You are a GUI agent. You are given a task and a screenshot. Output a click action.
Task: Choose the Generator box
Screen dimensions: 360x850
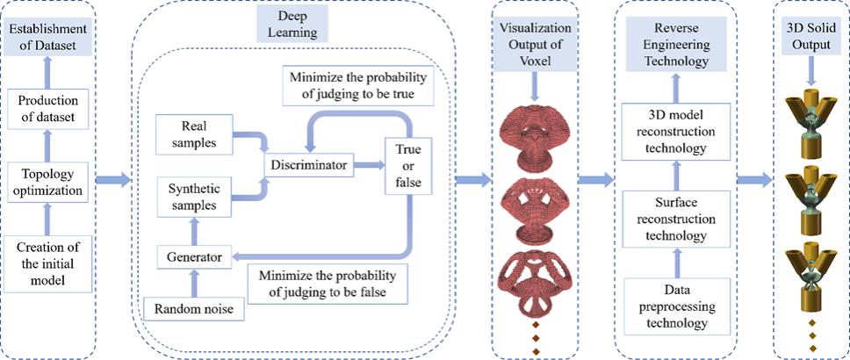coord(193,257)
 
